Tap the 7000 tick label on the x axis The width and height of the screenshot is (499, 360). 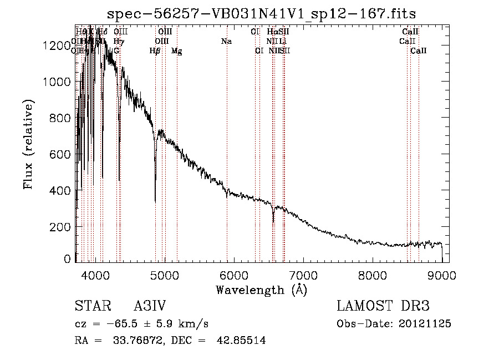[x=303, y=274]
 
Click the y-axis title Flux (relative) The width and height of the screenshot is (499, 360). [x=28, y=145]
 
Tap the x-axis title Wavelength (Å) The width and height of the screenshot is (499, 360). [x=261, y=290]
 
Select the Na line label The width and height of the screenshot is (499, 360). [x=226, y=41]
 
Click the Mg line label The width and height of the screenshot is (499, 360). [x=176, y=51]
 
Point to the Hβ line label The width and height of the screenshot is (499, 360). [x=155, y=51]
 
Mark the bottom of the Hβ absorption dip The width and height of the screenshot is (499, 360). [x=155, y=201]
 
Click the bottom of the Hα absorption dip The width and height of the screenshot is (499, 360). [x=273, y=222]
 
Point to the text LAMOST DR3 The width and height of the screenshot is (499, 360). [x=383, y=307]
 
